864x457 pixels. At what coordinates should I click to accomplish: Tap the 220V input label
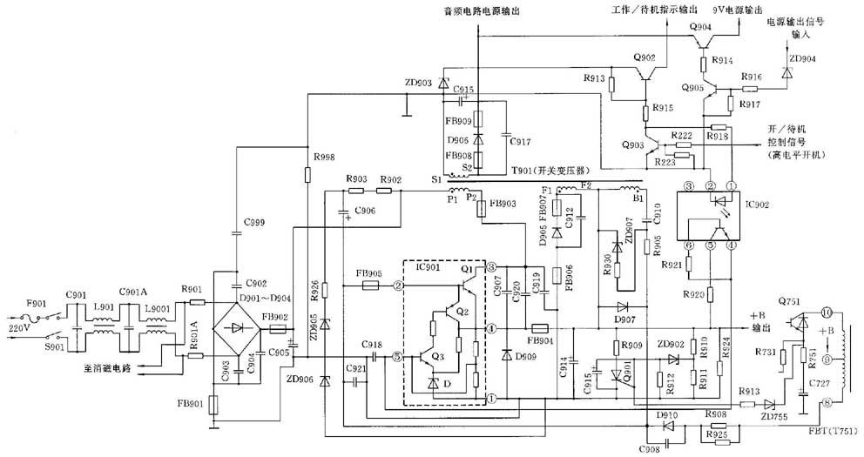[x=19, y=330]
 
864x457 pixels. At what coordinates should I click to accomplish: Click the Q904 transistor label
[x=701, y=27]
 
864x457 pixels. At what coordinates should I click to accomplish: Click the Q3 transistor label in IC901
[x=436, y=356]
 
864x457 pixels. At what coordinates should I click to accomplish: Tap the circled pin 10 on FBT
[x=827, y=310]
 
